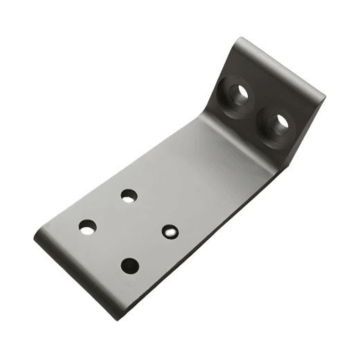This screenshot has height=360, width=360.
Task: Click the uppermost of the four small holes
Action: [129, 196]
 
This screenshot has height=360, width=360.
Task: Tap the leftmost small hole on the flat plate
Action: [87, 226]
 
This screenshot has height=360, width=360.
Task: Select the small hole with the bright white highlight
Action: [170, 231]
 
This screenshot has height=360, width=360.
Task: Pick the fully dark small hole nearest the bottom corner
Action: [129, 264]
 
